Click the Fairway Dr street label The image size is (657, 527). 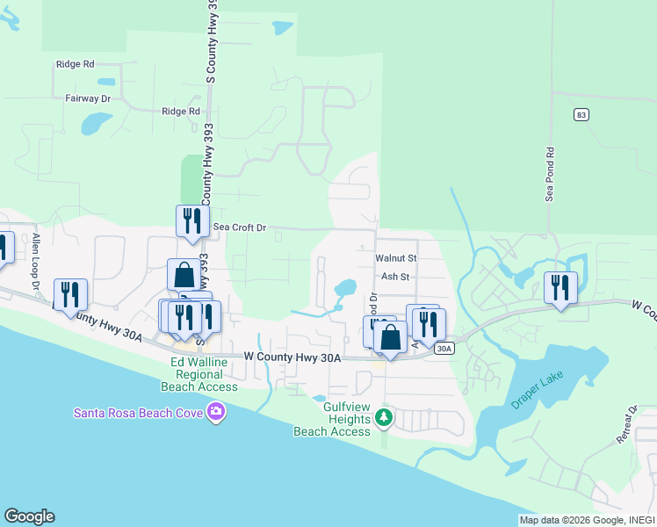point(90,98)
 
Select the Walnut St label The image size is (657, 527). point(395,258)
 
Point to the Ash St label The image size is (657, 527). point(395,277)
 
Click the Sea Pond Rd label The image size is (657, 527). point(551,174)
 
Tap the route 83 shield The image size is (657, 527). point(580,115)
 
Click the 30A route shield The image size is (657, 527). point(444,349)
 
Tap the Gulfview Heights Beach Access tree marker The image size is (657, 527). point(383,417)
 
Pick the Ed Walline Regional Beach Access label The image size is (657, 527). point(199,374)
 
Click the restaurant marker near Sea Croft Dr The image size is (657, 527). point(191,221)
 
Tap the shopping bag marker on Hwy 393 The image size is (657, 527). point(184,274)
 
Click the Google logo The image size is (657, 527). point(29,516)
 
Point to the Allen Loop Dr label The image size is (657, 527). point(36,261)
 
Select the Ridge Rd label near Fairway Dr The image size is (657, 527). point(75,64)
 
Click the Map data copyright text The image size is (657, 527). point(587,520)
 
